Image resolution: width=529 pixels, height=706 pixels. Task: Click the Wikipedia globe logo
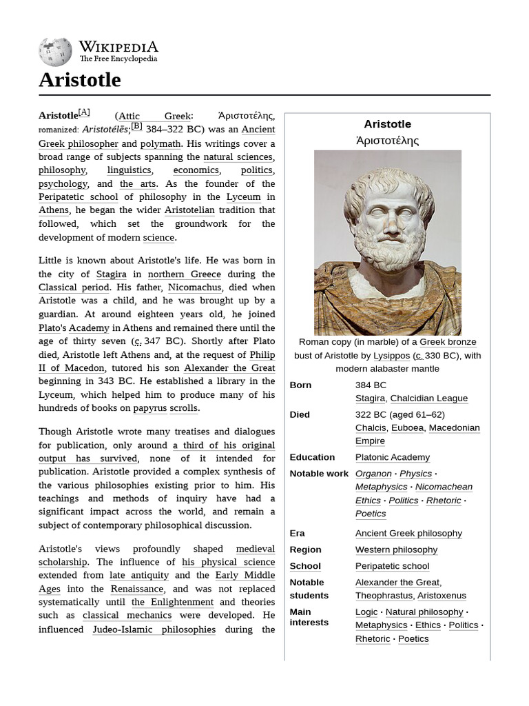pyautogui.click(x=55, y=52)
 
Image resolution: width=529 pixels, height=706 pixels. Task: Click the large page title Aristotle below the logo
pyautogui.click(x=79, y=80)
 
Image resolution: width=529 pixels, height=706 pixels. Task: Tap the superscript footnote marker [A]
pyautogui.click(x=84, y=112)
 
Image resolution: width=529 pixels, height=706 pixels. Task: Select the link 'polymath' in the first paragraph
pyautogui.click(x=160, y=143)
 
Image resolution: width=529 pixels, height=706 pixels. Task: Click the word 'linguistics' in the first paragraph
pyautogui.click(x=129, y=170)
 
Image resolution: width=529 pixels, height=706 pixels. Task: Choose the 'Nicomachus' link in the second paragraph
pyautogui.click(x=195, y=288)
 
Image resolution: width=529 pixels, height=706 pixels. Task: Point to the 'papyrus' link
pyautogui.click(x=150, y=408)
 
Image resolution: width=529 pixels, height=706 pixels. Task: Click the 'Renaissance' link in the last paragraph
pyautogui.click(x=137, y=589)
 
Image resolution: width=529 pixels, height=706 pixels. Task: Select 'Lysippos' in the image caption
pyautogui.click(x=391, y=356)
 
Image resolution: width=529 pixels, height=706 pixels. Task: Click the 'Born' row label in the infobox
pyautogui.click(x=301, y=385)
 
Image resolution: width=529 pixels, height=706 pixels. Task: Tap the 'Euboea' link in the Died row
pyautogui.click(x=408, y=428)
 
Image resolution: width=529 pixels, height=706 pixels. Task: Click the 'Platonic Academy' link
pyautogui.click(x=393, y=457)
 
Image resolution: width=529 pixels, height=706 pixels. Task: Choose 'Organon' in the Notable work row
pyautogui.click(x=373, y=474)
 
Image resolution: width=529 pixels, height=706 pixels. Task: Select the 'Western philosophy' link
pyautogui.click(x=396, y=549)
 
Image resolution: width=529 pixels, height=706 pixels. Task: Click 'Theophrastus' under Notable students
pyautogui.click(x=384, y=596)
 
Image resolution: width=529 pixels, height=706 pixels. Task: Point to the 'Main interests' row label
pyautogui.click(x=308, y=617)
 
